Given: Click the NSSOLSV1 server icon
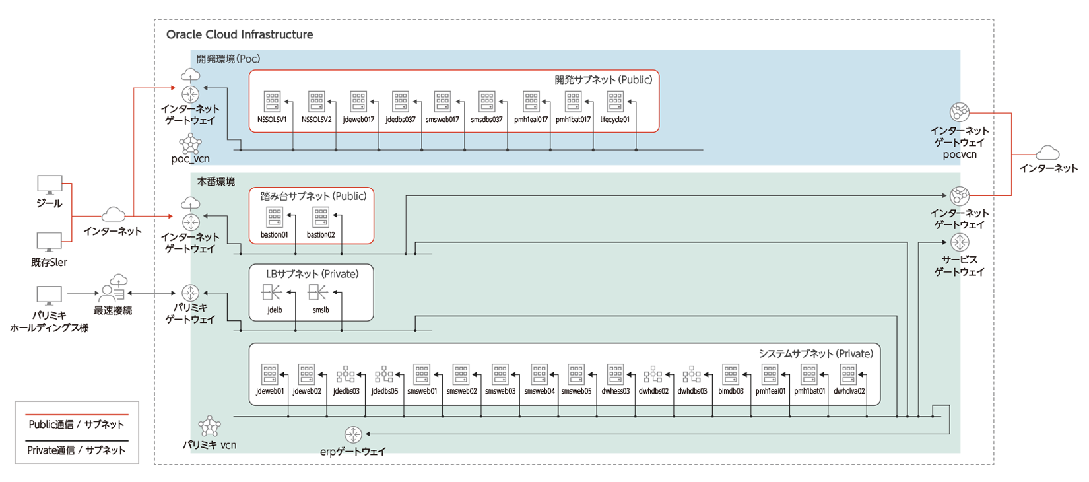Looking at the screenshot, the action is point(272,102).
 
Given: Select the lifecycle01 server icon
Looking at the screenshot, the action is point(615,102).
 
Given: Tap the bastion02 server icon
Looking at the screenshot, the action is point(321,217).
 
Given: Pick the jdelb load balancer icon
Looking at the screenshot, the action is point(271,293).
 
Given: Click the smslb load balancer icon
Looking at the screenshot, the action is point(318,293).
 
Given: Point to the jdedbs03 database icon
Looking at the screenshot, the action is point(346,374).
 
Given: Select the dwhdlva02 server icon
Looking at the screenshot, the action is point(848,374).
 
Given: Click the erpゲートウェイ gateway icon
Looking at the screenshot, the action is point(353,434).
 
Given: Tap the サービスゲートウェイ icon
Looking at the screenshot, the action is point(960,242).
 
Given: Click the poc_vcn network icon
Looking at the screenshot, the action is point(190,143).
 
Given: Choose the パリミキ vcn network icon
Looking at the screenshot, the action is point(209,426).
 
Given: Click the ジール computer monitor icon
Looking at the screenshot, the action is point(49,185).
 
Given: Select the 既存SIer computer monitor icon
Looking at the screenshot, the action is point(49,242).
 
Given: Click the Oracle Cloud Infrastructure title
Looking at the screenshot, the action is point(240,34).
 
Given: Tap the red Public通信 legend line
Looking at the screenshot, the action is point(77,415).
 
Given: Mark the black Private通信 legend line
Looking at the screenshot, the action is point(77,440).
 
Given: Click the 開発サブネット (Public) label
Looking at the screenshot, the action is point(603,80).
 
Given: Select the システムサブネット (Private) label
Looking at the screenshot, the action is point(816,354).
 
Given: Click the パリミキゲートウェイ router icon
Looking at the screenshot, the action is point(191,293).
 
